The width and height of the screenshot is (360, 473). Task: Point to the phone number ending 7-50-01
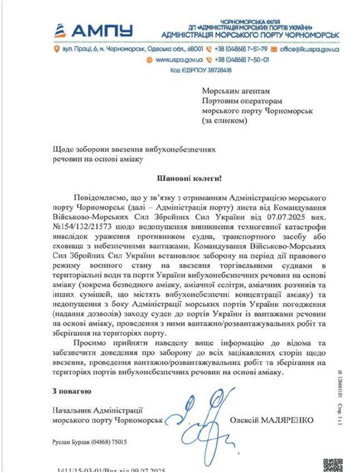[242, 60]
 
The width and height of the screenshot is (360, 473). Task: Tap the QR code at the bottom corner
[334, 465]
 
